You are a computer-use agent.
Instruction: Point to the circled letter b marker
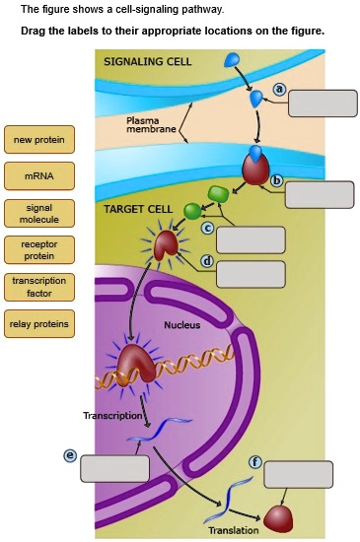[277, 179]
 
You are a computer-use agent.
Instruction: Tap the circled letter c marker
[208, 228]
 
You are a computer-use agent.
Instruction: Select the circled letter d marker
[207, 261]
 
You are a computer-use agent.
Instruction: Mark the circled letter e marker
[70, 454]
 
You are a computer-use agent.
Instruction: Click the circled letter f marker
[255, 461]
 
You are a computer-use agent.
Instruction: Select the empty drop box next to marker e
[113, 468]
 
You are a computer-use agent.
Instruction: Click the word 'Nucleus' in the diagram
[181, 325]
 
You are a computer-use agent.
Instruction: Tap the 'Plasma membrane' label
[151, 125]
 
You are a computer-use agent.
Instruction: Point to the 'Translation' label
[234, 530]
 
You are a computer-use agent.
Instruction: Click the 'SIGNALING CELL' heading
[148, 61]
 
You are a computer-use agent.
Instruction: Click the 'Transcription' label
[112, 415]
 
